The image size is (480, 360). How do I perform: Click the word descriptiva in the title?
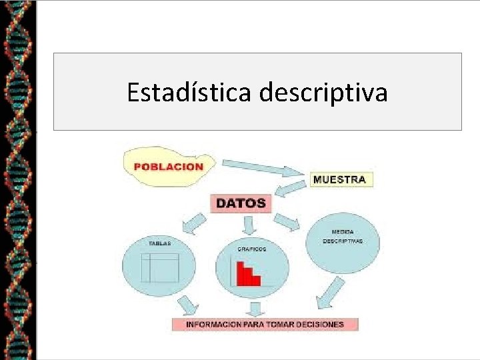click(323, 93)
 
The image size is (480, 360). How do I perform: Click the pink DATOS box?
click(241, 203)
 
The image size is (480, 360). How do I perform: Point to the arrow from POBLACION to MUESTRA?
click(260, 168)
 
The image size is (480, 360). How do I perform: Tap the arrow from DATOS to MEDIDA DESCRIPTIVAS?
click(287, 222)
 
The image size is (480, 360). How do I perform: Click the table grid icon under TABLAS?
click(160, 267)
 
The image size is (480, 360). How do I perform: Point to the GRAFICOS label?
click(251, 249)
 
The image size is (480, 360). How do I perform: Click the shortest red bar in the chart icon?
click(256, 280)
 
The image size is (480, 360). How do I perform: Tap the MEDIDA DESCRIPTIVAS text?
click(343, 237)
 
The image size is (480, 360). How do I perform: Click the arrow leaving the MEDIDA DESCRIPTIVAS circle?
click(330, 293)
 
